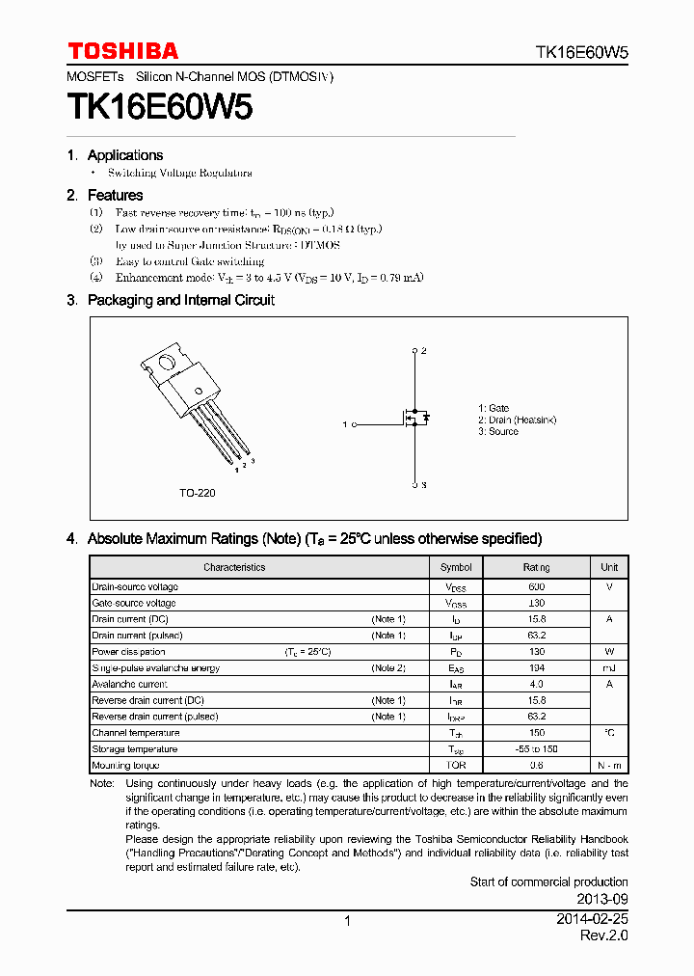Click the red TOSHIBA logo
pos(122,51)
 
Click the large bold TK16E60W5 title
pos(160,107)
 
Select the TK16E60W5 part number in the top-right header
pos(581,54)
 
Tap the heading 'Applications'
pos(124,155)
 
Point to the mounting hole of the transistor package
pos(167,365)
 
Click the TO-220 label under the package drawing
pos(197,493)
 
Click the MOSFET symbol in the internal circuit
pos(415,419)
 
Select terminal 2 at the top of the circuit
pos(415,351)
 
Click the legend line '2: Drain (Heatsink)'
pos(517,420)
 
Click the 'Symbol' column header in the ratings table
pos(456,567)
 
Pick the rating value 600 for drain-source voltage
pos(536,586)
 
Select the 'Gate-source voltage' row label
pos(134,603)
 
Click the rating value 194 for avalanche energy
pos(536,667)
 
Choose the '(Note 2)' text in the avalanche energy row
pos(388,667)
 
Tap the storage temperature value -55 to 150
pos(536,748)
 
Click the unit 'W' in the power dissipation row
pos(609,651)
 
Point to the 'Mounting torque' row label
pos(125,765)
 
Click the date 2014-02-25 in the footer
pos(592,920)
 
